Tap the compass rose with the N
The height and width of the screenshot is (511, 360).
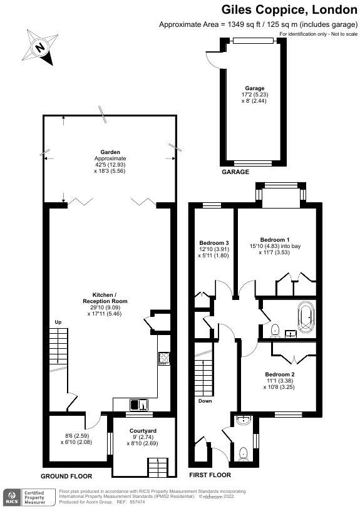(x=40, y=48)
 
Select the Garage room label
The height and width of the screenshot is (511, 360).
(x=254, y=88)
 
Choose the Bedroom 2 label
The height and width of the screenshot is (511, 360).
(x=279, y=374)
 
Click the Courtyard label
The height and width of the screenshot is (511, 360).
(x=143, y=431)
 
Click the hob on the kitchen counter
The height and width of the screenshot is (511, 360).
(x=165, y=359)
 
